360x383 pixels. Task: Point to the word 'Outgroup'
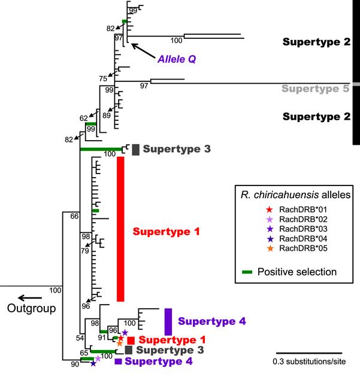(31, 309)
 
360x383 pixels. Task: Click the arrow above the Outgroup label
(29, 297)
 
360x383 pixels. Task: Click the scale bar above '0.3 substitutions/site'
(309, 352)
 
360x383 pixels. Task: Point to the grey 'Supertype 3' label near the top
(177, 149)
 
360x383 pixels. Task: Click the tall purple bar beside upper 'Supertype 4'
(168, 321)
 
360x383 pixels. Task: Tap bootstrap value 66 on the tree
(74, 216)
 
